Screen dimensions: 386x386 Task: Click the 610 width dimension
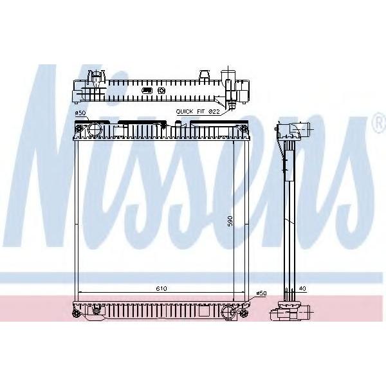[161, 288]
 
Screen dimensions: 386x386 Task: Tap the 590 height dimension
[230, 221]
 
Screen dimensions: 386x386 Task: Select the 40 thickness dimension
[302, 288]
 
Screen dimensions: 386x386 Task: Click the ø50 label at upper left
[80, 113]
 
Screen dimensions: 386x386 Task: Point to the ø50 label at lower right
[261, 293]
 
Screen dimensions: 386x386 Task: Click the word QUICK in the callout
[185, 111]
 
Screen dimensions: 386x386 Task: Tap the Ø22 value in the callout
[214, 111]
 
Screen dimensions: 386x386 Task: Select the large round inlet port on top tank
[95, 130]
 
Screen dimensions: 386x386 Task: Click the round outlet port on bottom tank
[228, 313]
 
